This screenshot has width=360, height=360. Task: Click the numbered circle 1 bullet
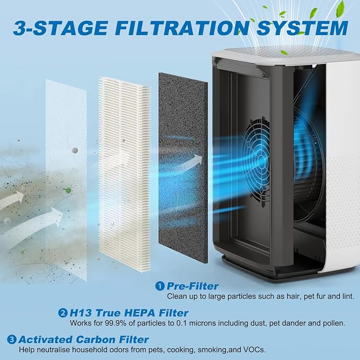159,286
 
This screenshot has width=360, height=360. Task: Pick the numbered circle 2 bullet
64,313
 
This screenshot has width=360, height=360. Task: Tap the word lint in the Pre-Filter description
347,296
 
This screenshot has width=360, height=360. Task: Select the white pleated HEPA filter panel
125,170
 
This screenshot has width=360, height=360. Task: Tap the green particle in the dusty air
68,190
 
